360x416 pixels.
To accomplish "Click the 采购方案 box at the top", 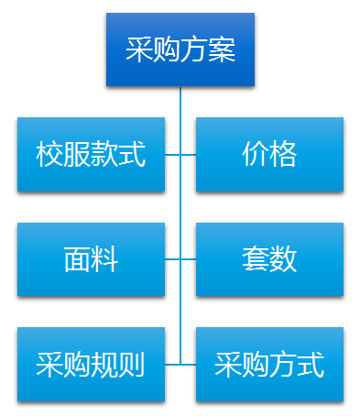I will [x=180, y=49].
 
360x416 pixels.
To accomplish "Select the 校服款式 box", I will [x=91, y=154].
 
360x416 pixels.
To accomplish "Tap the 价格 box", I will [x=269, y=154].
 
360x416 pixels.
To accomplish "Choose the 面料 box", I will [x=91, y=259].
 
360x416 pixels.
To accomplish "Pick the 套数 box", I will [x=269, y=259].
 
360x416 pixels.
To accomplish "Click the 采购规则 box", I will [x=91, y=365].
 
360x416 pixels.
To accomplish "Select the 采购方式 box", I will [x=269, y=365].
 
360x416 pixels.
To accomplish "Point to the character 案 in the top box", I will [x=222, y=49].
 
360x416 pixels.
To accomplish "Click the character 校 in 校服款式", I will [x=49, y=154].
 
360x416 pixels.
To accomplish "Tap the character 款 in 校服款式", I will [x=104, y=154].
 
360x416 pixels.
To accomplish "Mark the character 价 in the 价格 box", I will [x=256, y=154].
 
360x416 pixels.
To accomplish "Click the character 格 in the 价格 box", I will [x=283, y=154].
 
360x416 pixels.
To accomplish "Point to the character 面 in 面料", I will [x=77, y=259].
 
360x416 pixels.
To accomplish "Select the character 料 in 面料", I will [x=104, y=259].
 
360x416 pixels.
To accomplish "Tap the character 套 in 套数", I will [x=256, y=259].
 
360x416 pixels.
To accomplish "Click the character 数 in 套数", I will [x=283, y=259].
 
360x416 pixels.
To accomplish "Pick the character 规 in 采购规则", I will [x=104, y=365].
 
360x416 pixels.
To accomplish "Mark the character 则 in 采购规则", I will [x=132, y=365].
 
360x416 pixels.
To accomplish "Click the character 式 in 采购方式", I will [x=311, y=365].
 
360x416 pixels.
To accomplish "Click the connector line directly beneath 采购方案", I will [x=180, y=101].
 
